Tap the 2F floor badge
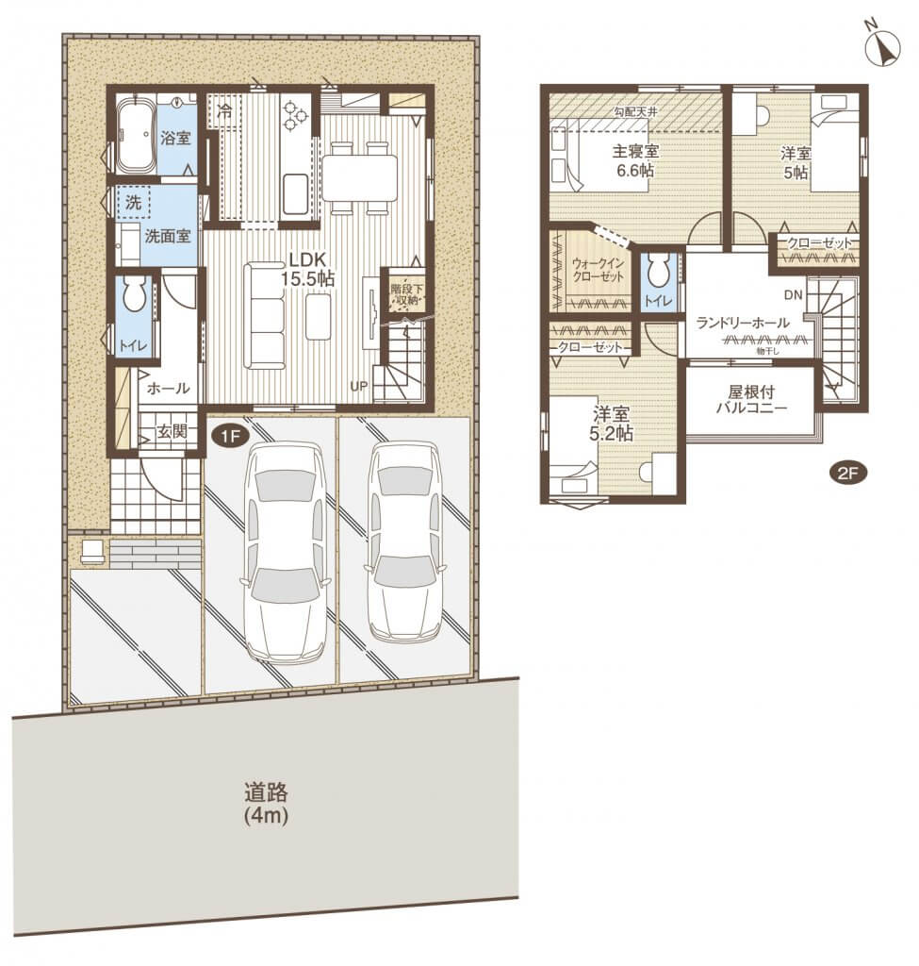pyautogui.click(x=849, y=474)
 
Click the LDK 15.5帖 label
pyautogui.click(x=308, y=269)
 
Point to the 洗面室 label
pyautogui.click(x=168, y=236)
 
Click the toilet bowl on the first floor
pyautogui.click(x=133, y=294)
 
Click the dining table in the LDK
pyautogui.click(x=360, y=177)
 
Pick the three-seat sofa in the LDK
pyautogui.click(x=265, y=316)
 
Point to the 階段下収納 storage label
pyautogui.click(x=403, y=294)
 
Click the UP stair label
pyautogui.click(x=359, y=386)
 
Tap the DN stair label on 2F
pyautogui.click(x=794, y=295)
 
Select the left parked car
pyautogui.click(x=284, y=554)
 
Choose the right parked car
pyautogui.click(x=404, y=541)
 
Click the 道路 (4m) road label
pyautogui.click(x=266, y=804)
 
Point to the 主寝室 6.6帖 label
pyautogui.click(x=635, y=160)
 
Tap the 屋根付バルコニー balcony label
pyautogui.click(x=751, y=399)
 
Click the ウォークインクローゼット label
pyautogui.click(x=599, y=270)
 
